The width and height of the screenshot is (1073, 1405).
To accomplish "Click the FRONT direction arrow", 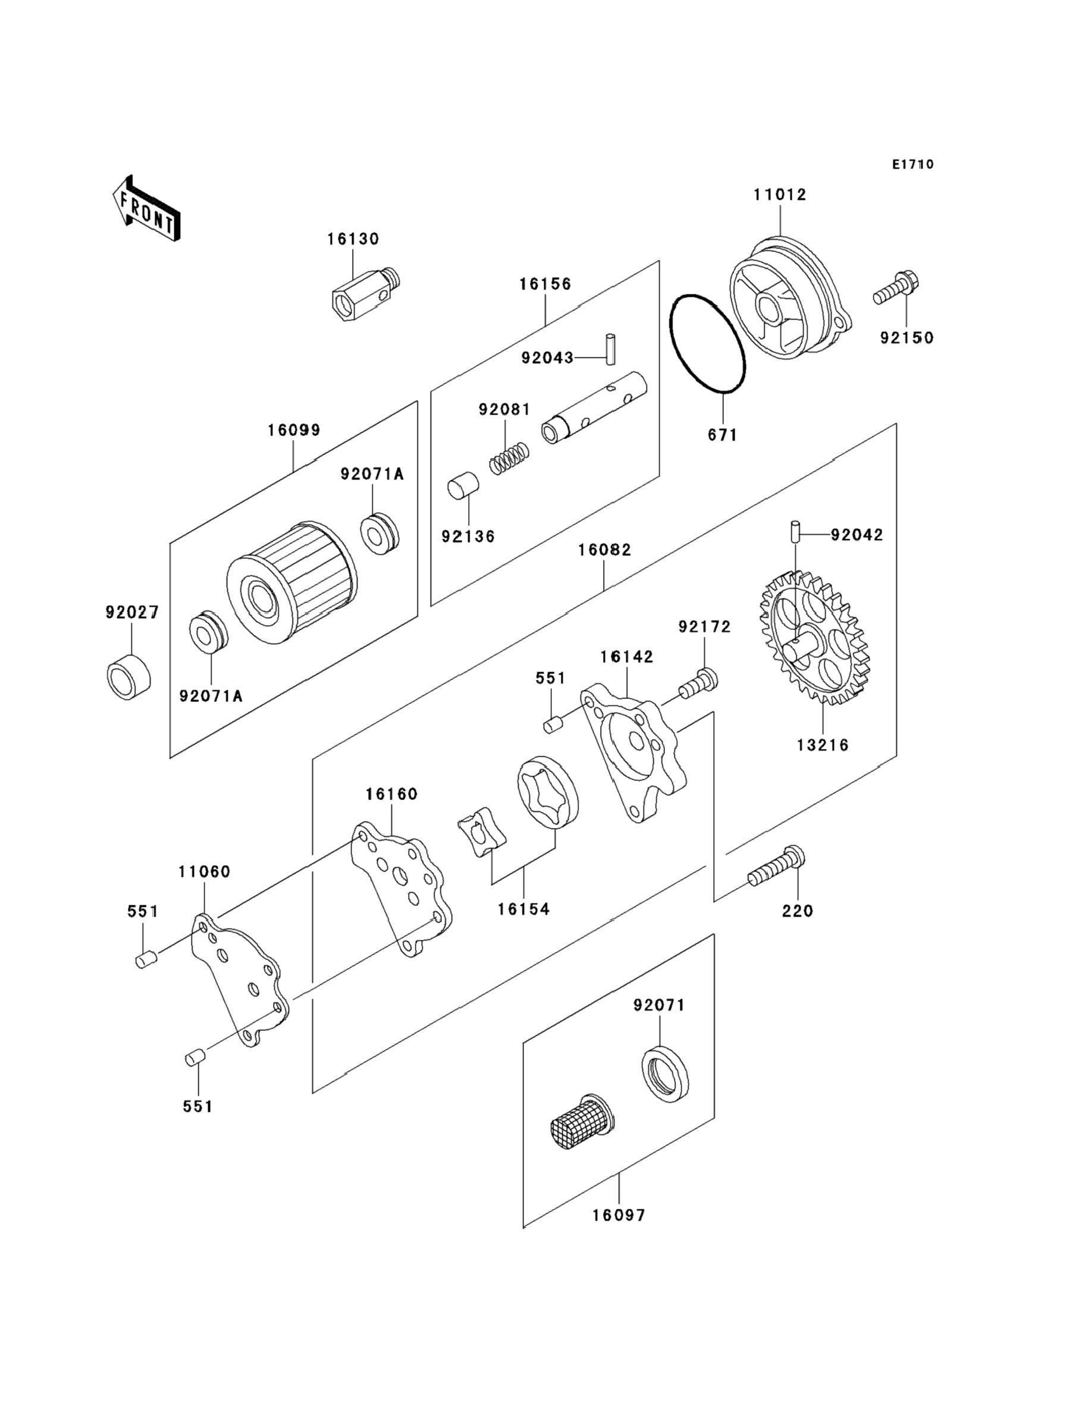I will tap(146, 209).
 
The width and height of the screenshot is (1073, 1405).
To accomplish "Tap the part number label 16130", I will tap(353, 239).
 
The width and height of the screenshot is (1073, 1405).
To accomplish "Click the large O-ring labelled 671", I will tap(707, 344).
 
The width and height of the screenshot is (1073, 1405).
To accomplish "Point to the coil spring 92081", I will tap(509, 458).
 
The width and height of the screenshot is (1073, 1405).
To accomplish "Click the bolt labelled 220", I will tap(776, 867).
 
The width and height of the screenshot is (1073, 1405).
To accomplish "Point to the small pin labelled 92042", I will tap(795, 531).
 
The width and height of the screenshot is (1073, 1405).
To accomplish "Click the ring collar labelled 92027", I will tap(128, 677).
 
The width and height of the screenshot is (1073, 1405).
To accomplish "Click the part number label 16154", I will tap(524, 909).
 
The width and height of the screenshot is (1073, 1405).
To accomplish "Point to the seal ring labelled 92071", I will tap(665, 1074).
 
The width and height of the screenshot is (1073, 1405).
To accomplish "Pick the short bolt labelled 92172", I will tap(698, 684).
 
